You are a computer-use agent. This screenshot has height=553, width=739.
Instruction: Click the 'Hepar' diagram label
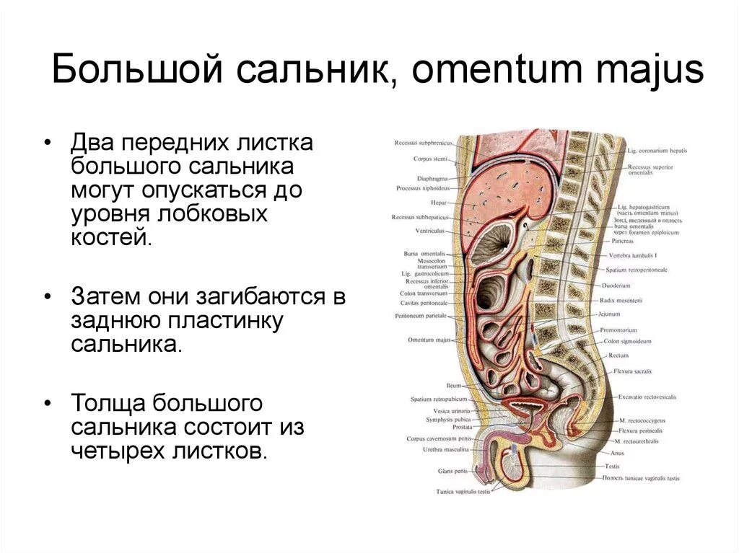tap(439, 203)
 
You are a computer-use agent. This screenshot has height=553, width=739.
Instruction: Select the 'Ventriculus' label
tap(430, 231)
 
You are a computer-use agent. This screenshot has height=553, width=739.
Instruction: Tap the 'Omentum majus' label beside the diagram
tap(429, 340)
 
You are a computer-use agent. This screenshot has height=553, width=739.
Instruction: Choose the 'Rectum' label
tap(618, 355)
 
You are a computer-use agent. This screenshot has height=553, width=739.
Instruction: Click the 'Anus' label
tap(617, 453)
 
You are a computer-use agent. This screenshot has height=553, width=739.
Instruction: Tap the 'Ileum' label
tap(453, 386)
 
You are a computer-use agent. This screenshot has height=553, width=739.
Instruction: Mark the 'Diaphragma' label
tap(432, 178)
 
